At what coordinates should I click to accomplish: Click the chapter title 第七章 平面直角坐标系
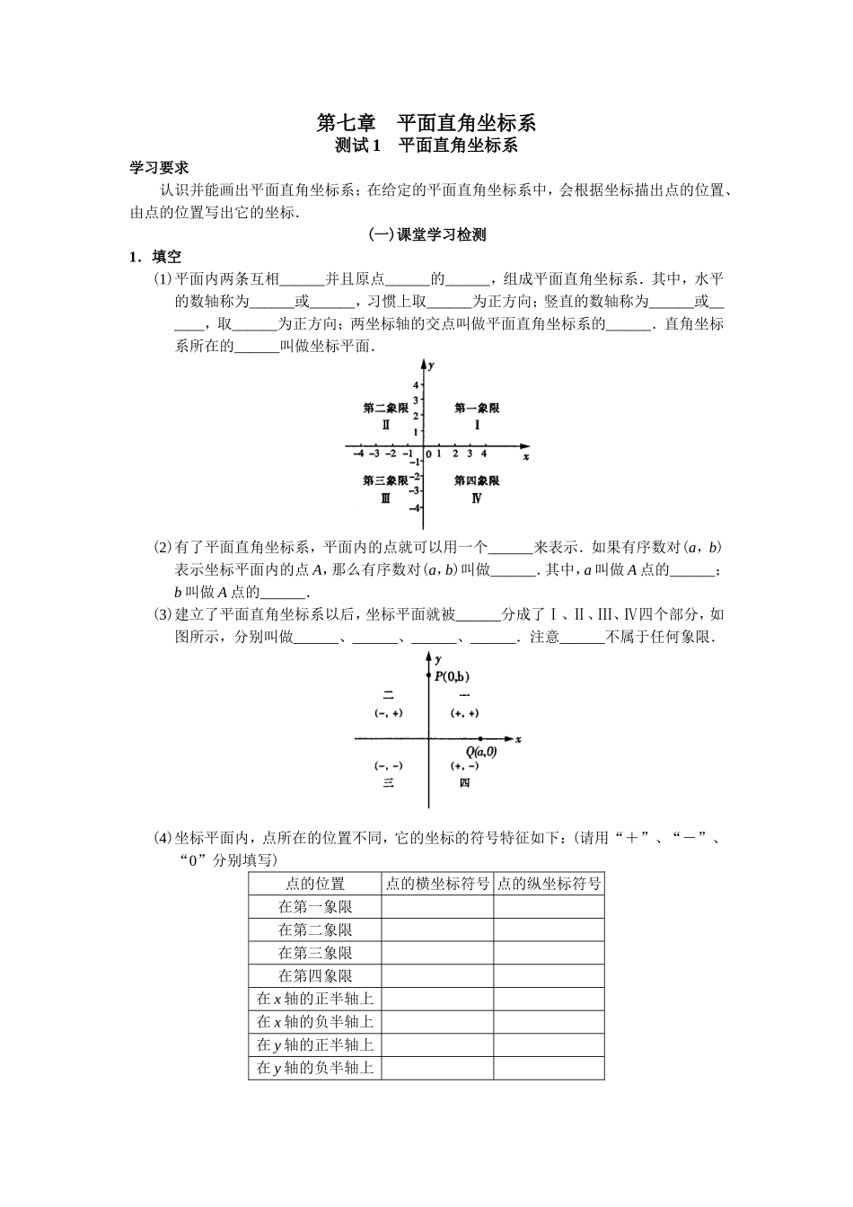tap(426, 122)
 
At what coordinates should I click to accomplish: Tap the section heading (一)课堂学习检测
tap(426, 235)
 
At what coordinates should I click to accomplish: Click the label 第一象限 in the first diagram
tap(476, 409)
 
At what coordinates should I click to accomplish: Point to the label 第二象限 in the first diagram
tap(385, 409)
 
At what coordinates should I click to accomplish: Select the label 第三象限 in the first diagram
tap(385, 481)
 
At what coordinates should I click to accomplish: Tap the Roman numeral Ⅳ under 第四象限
tap(476, 498)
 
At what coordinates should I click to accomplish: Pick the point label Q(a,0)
tap(480, 752)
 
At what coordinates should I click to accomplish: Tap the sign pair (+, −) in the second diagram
tap(464, 766)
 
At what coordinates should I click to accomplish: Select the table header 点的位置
tap(314, 884)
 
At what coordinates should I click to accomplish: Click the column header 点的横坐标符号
tap(437, 884)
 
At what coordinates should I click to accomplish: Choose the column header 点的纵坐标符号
tap(549, 884)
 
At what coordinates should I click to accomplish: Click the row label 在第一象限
tap(314, 907)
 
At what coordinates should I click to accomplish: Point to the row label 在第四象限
tap(314, 976)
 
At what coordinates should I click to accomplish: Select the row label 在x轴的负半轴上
tap(314, 1022)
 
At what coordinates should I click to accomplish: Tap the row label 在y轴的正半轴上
tap(314, 1045)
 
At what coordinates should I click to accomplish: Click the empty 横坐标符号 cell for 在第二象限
tap(437, 930)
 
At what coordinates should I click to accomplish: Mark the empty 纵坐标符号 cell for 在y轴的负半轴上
tap(549, 1068)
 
